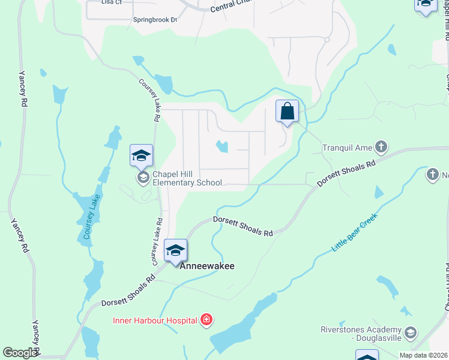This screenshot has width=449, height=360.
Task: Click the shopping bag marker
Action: pyautogui.click(x=288, y=112)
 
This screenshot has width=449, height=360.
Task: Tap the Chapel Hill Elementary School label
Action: pyautogui.click(x=187, y=178)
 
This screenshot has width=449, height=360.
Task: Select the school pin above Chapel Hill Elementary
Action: pyautogui.click(x=141, y=156)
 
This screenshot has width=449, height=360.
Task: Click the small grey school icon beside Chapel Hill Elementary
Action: pyautogui.click(x=143, y=177)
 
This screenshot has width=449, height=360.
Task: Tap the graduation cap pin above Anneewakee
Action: pyautogui.click(x=175, y=251)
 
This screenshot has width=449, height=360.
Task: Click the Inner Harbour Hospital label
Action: pyautogui.click(x=155, y=320)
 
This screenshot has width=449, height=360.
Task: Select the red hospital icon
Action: pyautogui.click(x=206, y=320)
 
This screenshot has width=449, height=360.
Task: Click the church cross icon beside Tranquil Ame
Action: pyautogui.click(x=381, y=146)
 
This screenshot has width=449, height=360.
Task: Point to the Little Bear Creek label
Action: pyautogui.click(x=355, y=232)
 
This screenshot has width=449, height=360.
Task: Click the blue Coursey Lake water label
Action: pyautogui.click(x=89, y=219)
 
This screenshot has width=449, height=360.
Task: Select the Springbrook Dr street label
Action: pyautogui.click(x=155, y=20)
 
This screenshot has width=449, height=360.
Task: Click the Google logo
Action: pyautogui.click(x=20, y=353)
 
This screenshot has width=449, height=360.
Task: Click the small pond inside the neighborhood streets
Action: pyautogui.click(x=222, y=146)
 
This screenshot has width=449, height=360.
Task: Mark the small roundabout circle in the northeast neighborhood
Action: pyautogui.click(x=327, y=40)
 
